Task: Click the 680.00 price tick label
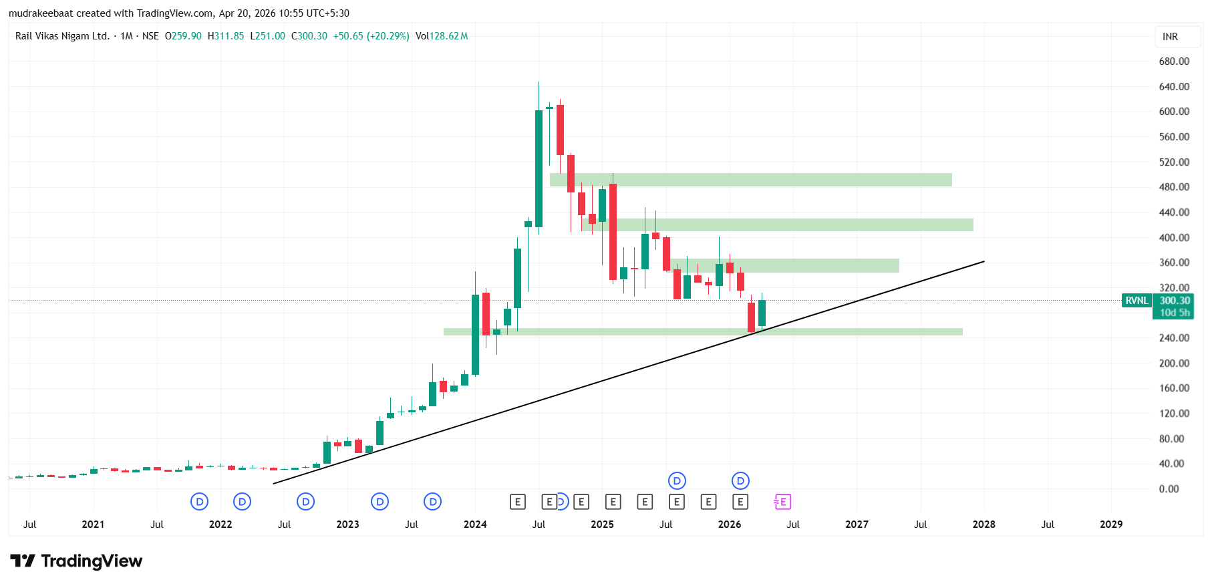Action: coord(1174,61)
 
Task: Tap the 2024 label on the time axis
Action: coord(475,525)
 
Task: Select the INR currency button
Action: coord(1170,37)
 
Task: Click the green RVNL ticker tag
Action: coord(1137,301)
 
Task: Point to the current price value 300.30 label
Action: coord(1175,301)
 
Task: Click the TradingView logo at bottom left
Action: coord(76,561)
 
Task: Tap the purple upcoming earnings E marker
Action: coord(782,502)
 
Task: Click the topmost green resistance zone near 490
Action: coord(750,180)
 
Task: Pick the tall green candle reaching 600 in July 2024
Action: coord(539,168)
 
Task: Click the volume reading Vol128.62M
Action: coord(442,36)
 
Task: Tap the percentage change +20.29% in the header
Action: coord(388,36)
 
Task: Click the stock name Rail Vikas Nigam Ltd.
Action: coord(62,36)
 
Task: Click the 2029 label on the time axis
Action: coord(1111,525)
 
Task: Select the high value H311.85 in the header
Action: coord(226,36)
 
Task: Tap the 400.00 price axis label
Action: coord(1174,238)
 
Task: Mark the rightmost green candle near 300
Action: coord(762,313)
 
